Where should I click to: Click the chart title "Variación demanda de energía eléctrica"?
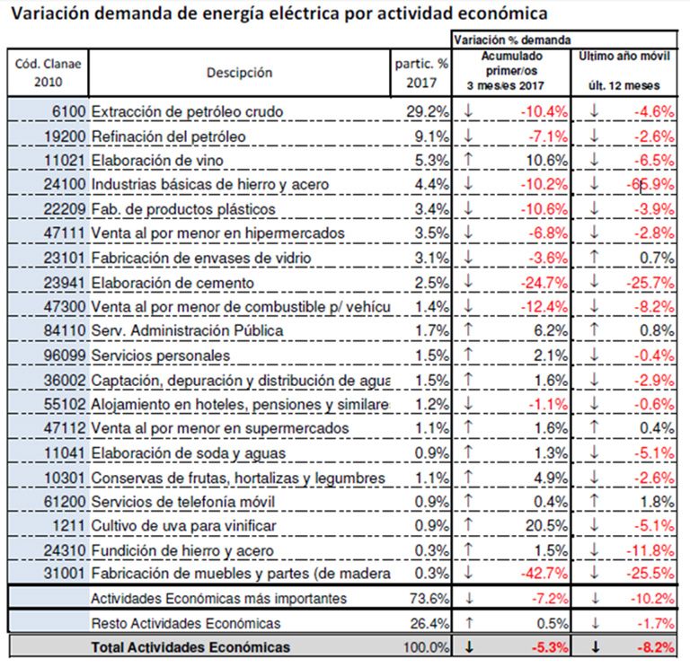coord(278,14)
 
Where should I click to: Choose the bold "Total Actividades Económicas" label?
coord(191,647)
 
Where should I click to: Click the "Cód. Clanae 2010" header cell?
coord(48,73)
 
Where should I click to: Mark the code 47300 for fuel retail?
coord(65,307)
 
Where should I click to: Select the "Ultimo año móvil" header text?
coord(624,57)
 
